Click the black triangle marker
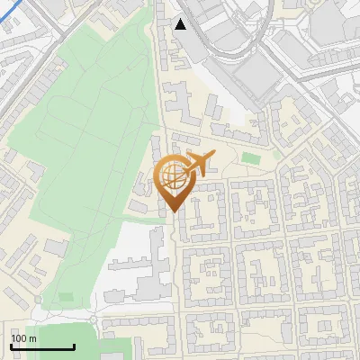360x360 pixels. pos(181,24)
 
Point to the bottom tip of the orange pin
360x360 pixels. pos(173,211)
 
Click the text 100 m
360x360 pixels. pos(23,338)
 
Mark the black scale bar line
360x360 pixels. pos(42,346)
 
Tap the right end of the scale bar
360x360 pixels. pos(74,346)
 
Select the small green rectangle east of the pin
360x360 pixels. pos(250,159)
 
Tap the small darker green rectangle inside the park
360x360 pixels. pos(66,296)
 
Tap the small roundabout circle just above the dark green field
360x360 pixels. pos(94,319)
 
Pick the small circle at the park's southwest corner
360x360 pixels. pos(37,300)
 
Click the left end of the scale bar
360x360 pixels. pos(11,346)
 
